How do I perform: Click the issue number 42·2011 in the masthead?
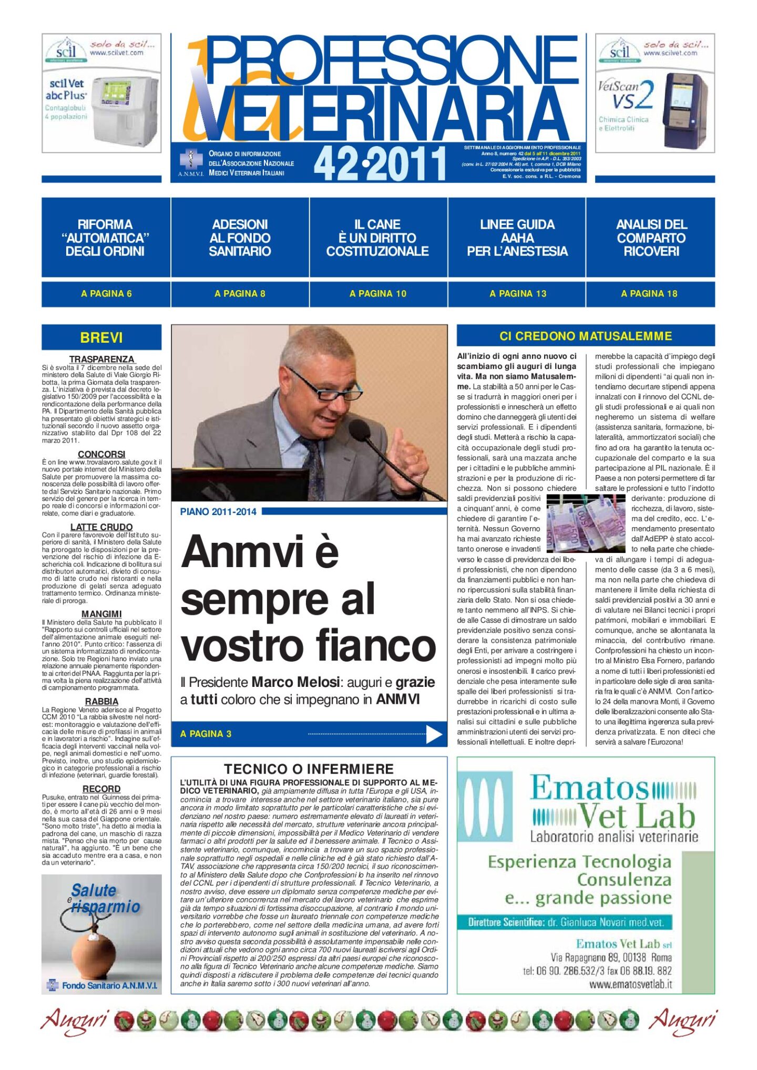380,163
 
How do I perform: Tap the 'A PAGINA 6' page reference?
106,294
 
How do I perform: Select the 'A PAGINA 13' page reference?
518,294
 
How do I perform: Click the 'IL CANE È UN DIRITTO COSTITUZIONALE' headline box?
378,238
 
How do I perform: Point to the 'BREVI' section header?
101,337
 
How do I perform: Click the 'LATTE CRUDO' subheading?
101,527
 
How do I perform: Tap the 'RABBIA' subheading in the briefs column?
101,701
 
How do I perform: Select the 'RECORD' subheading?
101,788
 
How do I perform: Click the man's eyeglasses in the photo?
323,387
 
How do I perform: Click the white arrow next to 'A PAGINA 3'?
434,734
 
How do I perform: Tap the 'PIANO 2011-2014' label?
218,511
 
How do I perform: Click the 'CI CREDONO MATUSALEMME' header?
586,336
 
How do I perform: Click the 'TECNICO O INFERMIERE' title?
309,769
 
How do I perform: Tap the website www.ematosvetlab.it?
630,984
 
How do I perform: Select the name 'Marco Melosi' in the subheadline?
295,682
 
